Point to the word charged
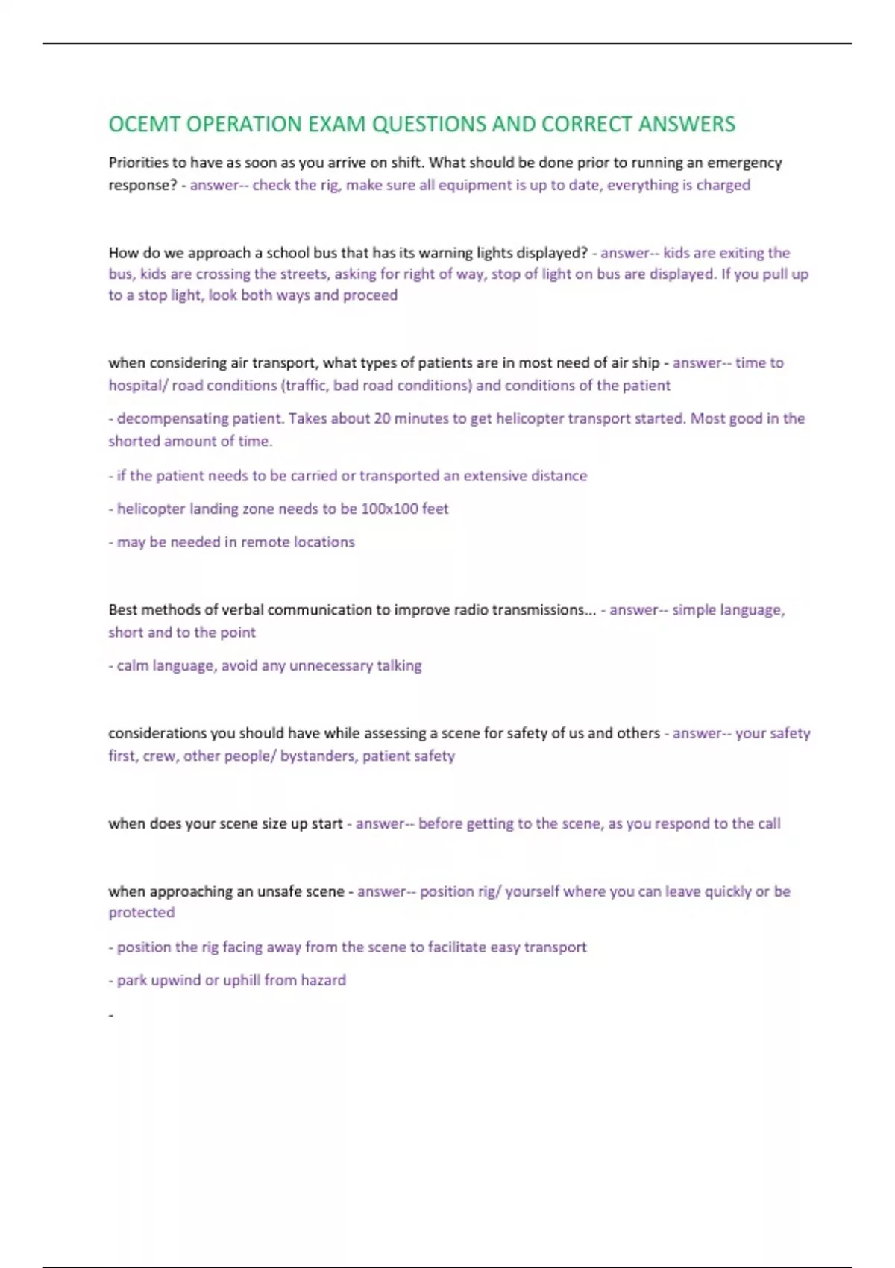click(723, 185)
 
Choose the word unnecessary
click(330, 665)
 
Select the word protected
click(142, 913)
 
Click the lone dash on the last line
click(111, 1015)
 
